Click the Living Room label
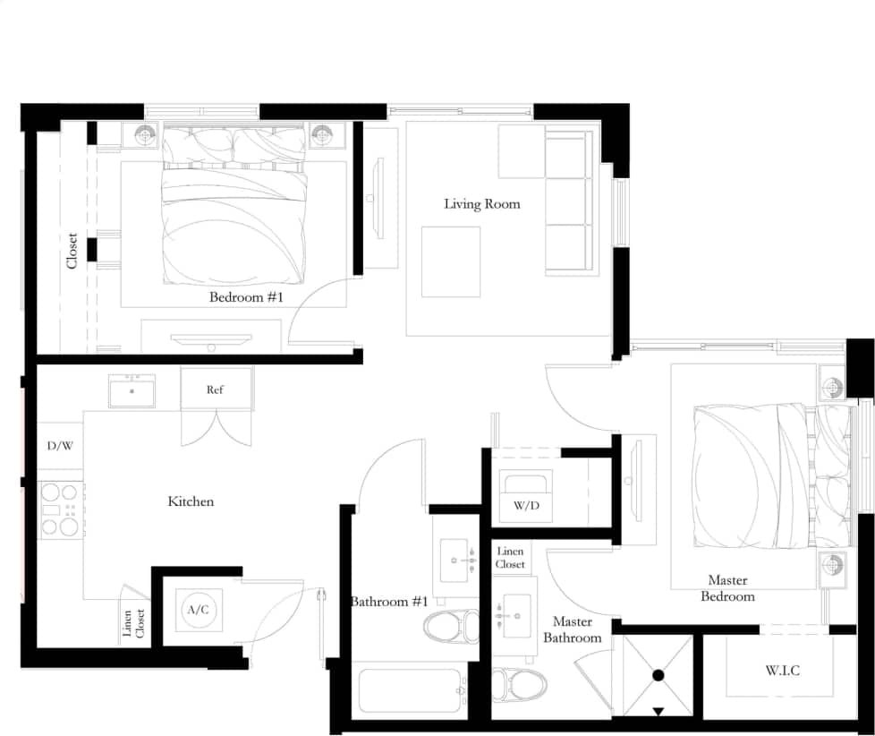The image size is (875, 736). pyautogui.click(x=481, y=204)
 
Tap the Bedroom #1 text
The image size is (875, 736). pyautogui.click(x=245, y=297)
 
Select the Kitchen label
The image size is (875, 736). pyautogui.click(x=191, y=501)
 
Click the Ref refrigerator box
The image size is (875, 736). pyautogui.click(x=216, y=389)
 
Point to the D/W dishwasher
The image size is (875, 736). pyautogui.click(x=60, y=445)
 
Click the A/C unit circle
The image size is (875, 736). pyautogui.click(x=198, y=610)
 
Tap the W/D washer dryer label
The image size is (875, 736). pyautogui.click(x=525, y=505)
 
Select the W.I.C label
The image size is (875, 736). pyautogui.click(x=782, y=671)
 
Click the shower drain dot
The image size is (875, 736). pyautogui.click(x=658, y=675)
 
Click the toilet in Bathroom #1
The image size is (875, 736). pyautogui.click(x=452, y=626)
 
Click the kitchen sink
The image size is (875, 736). pyautogui.click(x=132, y=391)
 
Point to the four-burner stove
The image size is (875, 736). pyautogui.click(x=61, y=509)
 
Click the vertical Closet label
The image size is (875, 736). pyautogui.click(x=72, y=252)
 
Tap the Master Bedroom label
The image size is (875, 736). pyautogui.click(x=726, y=588)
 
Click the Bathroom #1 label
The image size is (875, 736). pyautogui.click(x=389, y=602)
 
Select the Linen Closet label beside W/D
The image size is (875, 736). pyautogui.click(x=510, y=558)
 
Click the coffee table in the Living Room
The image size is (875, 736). pyautogui.click(x=451, y=261)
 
